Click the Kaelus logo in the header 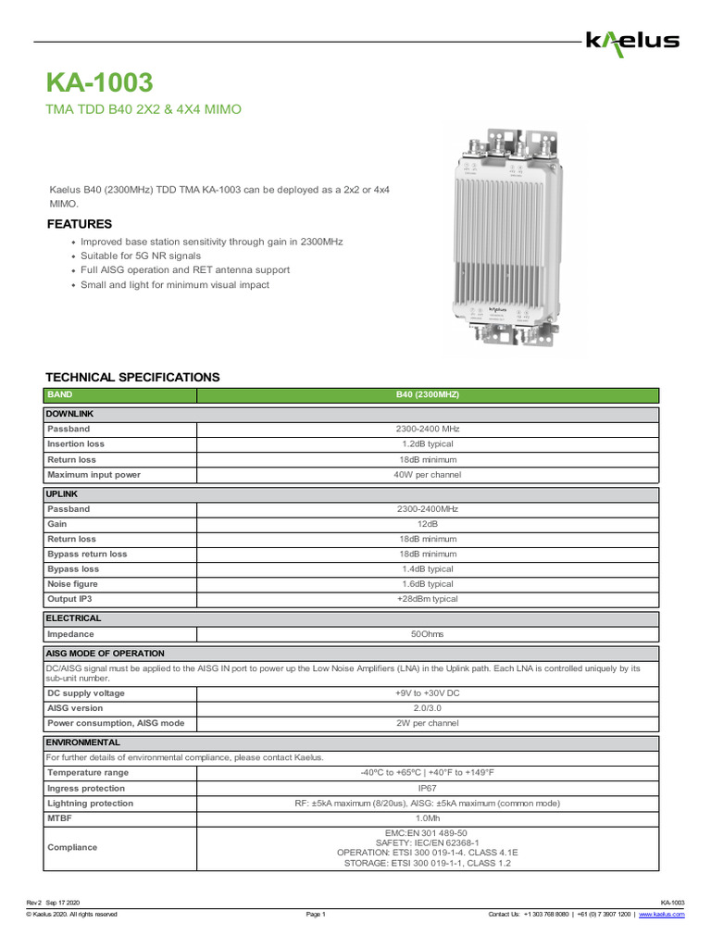coord(632,41)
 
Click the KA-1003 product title coord(100,83)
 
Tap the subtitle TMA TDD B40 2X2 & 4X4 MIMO coord(143,110)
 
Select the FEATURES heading coord(80,224)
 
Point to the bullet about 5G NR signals coord(141,256)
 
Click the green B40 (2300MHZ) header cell coord(427,395)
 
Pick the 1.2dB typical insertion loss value coord(427,444)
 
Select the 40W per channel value coord(427,475)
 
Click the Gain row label coord(57,524)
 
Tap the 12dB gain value coord(427,524)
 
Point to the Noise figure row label coord(72,584)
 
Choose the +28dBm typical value coord(427,599)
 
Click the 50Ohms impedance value coord(427,635)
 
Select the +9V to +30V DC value coord(427,693)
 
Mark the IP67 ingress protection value coord(427,788)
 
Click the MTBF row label coord(60,818)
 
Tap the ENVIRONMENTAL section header coord(83,743)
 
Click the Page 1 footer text coord(316,915)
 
